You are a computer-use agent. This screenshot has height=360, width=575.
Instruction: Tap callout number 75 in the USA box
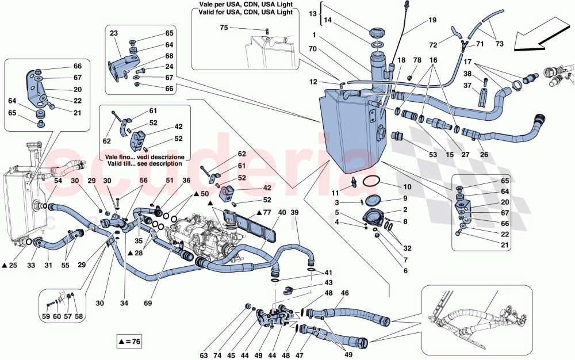[x=224, y=28]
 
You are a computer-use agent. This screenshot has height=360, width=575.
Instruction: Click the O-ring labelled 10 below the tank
[x=373, y=182]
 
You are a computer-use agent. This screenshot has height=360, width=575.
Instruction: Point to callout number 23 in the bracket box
[x=114, y=33]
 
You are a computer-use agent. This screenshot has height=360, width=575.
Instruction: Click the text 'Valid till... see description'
[x=140, y=164]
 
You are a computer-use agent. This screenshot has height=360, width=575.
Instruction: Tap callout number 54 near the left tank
[x=58, y=181]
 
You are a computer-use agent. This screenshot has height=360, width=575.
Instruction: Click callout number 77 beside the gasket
[x=265, y=212]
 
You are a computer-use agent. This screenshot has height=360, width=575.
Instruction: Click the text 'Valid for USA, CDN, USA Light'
[x=243, y=12]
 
